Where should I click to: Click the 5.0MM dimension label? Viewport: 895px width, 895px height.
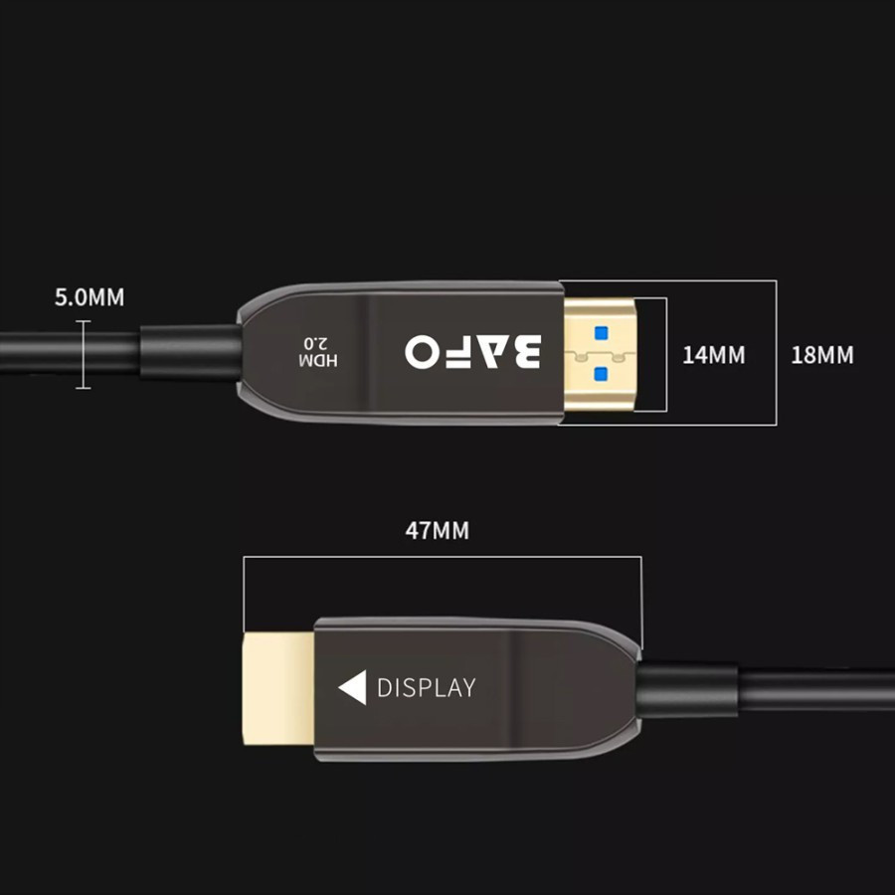click(89, 297)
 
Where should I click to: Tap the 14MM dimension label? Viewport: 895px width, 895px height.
click(713, 354)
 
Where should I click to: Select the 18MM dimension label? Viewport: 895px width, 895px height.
click(821, 354)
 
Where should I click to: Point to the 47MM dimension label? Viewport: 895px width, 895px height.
click(437, 530)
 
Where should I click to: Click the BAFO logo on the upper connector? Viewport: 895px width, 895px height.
click(473, 351)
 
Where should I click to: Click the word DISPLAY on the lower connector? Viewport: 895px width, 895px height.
click(426, 687)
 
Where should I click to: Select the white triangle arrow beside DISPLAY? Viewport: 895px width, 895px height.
click(353, 687)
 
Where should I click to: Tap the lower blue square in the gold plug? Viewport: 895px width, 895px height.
click(600, 374)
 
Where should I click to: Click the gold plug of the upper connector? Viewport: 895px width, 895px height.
click(602, 353)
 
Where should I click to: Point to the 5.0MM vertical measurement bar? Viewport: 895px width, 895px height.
click(83, 353)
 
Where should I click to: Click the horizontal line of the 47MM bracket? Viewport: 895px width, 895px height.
click(443, 557)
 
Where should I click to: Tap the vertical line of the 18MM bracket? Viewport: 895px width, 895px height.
click(776, 353)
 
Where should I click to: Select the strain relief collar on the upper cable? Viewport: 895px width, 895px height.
click(190, 353)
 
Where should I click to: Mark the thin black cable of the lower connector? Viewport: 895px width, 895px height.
click(815, 689)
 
